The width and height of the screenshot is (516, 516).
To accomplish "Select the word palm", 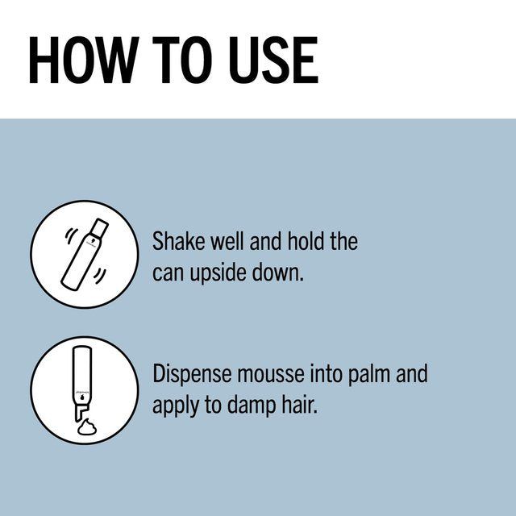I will pos(369,374).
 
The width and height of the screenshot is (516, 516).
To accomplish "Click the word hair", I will pos(302,405).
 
